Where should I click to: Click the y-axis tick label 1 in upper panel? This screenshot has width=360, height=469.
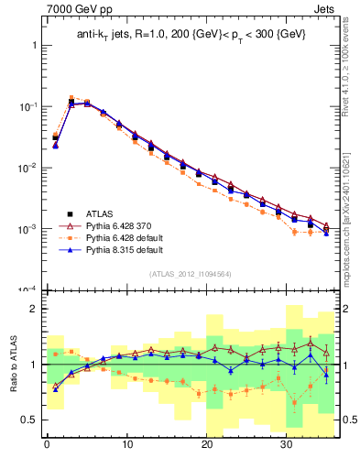pyautogui.click(x=33, y=45)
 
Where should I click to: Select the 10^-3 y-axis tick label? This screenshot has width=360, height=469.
pyautogui.click(x=27, y=229)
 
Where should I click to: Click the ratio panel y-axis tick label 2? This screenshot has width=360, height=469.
pyautogui.click(x=33, y=309)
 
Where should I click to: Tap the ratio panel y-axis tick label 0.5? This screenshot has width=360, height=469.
pyautogui.click(x=29, y=420)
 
